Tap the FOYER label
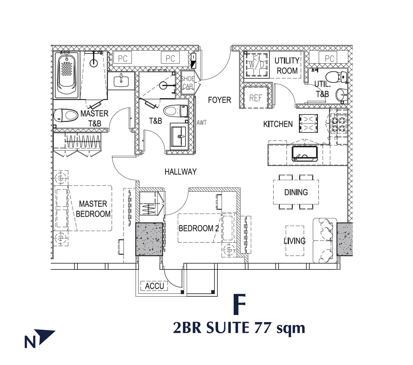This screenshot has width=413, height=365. [x=219, y=100]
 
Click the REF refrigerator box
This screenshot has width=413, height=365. [x=255, y=98]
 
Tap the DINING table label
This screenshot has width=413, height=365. [x=296, y=192]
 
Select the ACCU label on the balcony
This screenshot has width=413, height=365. [x=154, y=286]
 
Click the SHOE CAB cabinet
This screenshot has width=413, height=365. [x=188, y=83]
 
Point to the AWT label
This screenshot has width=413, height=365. [x=201, y=122]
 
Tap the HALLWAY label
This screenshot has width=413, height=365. [x=181, y=172]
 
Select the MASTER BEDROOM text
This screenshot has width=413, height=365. [x=93, y=209]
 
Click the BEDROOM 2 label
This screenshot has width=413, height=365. [x=199, y=228]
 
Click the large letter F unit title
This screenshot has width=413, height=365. [x=239, y=304]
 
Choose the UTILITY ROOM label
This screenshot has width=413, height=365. [x=287, y=66]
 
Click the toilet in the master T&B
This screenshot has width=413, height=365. [x=65, y=115]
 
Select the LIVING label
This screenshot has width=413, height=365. [x=295, y=241]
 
